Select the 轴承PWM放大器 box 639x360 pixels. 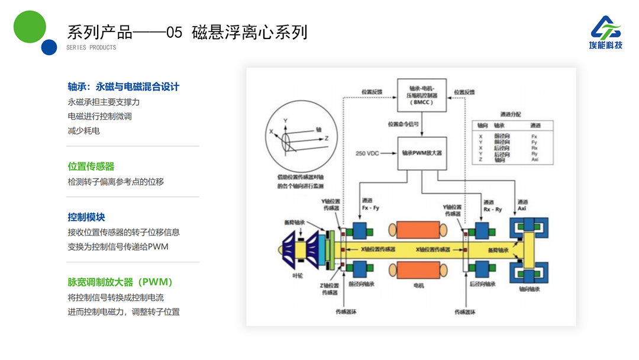tap(422, 153)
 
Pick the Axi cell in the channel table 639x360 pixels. tap(534, 160)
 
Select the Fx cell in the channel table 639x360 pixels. tap(534, 136)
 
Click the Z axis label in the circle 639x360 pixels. tap(326, 137)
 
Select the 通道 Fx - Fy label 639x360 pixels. tap(370, 205)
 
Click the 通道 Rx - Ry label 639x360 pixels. tap(492, 205)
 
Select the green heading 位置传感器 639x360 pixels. tap(91, 166)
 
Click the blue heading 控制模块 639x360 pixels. tap(86, 217)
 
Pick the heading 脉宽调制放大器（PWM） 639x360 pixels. tap(120, 282)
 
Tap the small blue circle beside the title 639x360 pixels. tap(49, 47)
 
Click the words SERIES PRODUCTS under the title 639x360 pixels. tap(91, 47)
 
